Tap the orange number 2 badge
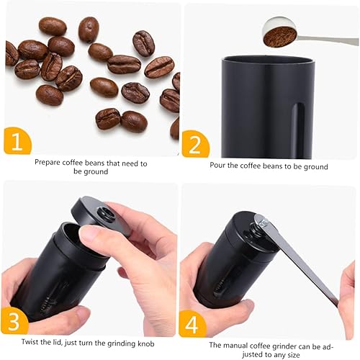click(194, 144)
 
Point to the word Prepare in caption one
click(49, 163)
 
